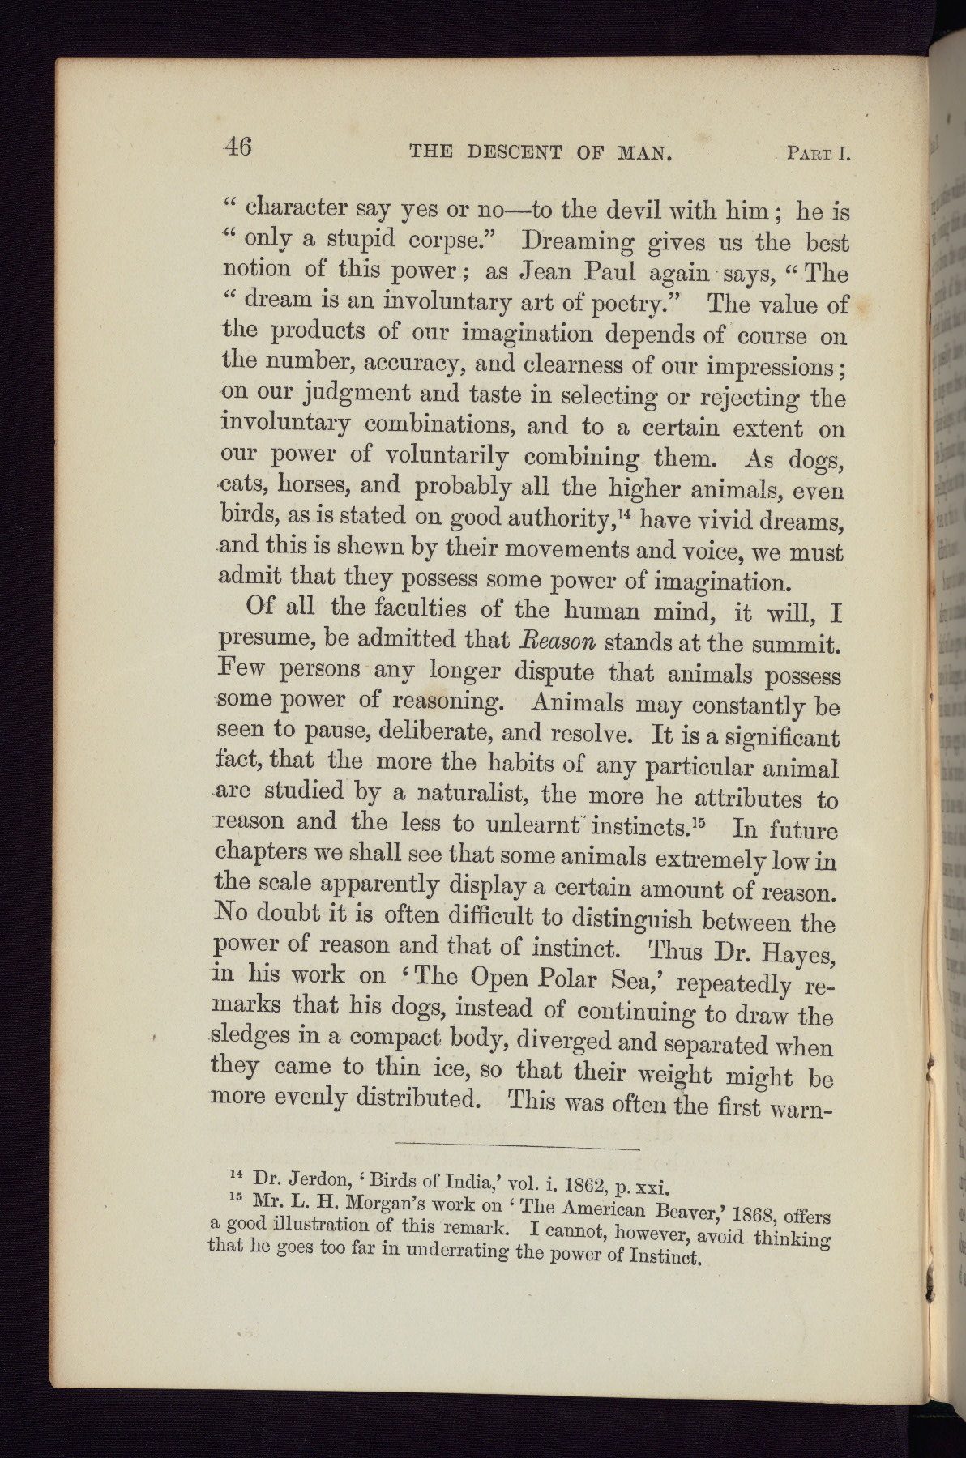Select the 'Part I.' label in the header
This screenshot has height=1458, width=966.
[818, 153]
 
